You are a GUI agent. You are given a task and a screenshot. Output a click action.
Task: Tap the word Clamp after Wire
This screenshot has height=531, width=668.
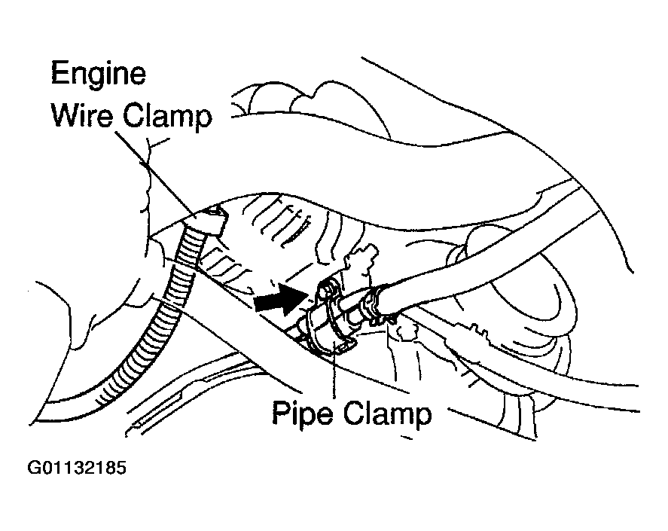tap(167, 117)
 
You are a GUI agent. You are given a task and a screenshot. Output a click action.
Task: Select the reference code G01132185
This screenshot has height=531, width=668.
tap(76, 468)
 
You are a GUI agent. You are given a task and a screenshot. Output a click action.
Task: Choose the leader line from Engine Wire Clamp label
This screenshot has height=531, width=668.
tap(158, 173)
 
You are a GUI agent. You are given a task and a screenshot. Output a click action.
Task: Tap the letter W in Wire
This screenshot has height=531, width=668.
tap(63, 117)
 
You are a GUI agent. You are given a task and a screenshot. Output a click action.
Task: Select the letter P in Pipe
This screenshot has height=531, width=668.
tap(281, 414)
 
